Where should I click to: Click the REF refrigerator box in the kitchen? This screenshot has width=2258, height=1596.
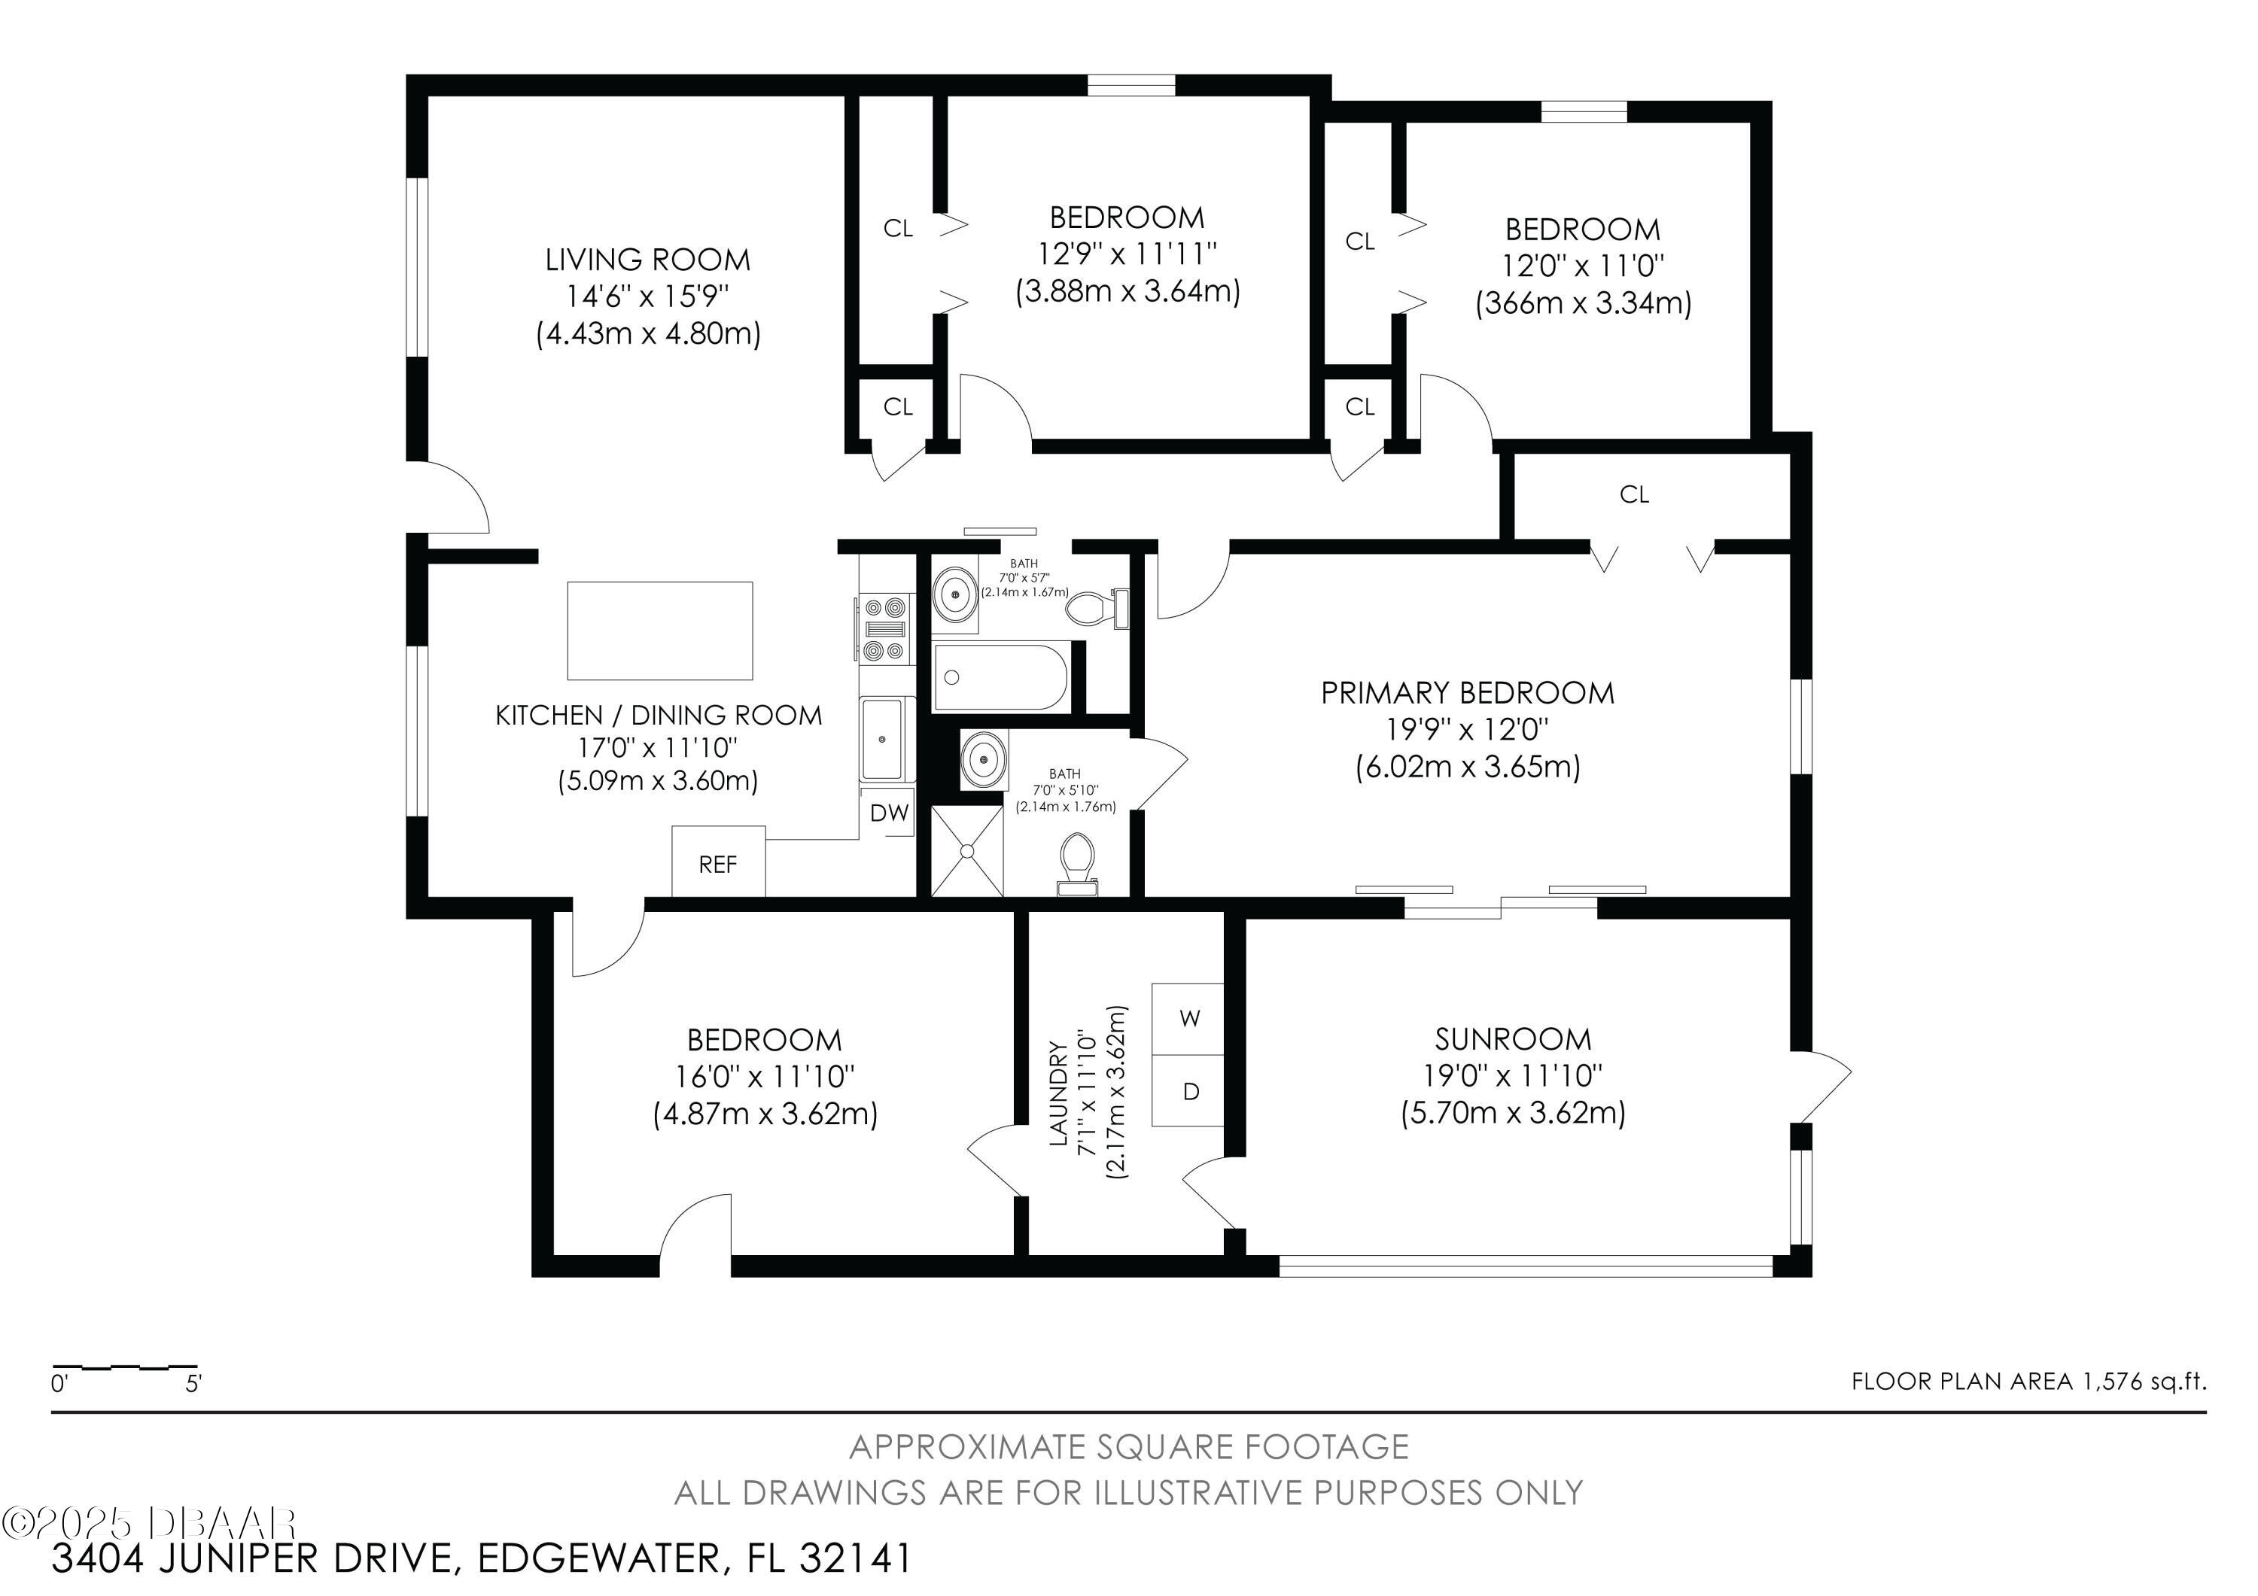coord(718,862)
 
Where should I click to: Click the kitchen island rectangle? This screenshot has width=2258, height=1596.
coord(660,631)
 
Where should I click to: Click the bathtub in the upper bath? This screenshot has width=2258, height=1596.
coord(1000,676)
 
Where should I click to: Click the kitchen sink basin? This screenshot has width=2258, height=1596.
coord(887,738)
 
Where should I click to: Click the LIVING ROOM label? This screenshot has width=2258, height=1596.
coord(648,260)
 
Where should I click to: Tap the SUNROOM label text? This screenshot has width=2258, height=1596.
coord(1513,1038)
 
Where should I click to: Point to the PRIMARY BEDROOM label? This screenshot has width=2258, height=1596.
coord(1467,693)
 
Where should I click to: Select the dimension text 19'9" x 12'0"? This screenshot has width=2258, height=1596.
coord(1467,730)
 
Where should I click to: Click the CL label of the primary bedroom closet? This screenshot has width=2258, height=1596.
coord(1633,494)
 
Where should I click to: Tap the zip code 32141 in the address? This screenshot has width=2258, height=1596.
coord(856,1558)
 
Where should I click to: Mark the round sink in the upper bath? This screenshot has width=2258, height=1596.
coord(954,593)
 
